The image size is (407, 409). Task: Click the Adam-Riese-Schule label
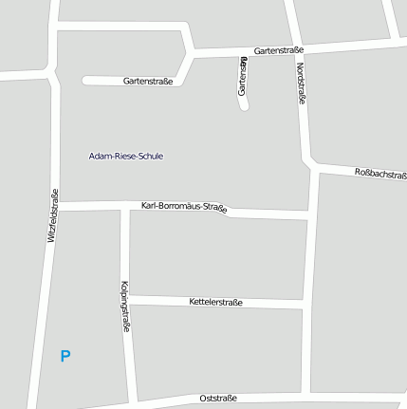(125, 156)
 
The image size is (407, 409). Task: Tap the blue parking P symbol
(65, 357)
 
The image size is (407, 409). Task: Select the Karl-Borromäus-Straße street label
(184, 207)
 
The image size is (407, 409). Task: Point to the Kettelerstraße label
(216, 302)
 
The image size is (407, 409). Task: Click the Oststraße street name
(218, 398)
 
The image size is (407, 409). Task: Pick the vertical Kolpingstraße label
(124, 305)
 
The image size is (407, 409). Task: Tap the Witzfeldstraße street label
(53, 216)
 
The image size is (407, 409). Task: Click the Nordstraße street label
(301, 84)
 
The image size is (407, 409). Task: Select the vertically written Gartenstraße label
(243, 76)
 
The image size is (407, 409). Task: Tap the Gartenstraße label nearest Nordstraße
(278, 49)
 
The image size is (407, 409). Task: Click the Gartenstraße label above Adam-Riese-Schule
(148, 82)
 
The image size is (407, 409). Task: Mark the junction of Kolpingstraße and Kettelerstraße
(125, 300)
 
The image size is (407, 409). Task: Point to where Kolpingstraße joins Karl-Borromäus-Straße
(123, 207)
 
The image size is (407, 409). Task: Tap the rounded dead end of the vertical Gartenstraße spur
(243, 105)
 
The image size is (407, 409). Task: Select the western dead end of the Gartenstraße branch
(87, 81)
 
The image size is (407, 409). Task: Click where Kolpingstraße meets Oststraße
(133, 400)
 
